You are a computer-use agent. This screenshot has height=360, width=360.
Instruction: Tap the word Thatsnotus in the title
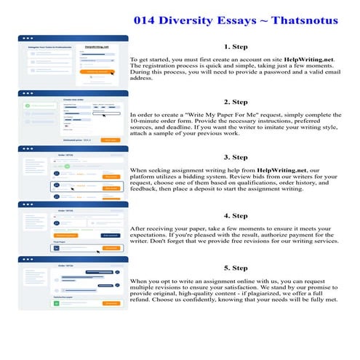(304, 20)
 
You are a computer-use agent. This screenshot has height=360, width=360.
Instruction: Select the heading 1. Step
(236, 45)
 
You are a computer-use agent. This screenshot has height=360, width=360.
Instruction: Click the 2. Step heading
(236, 102)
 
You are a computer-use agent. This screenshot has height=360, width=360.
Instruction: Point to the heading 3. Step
(236, 158)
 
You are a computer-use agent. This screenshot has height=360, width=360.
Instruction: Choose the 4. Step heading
(236, 215)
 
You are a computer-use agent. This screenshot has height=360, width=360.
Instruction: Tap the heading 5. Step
(236, 268)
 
